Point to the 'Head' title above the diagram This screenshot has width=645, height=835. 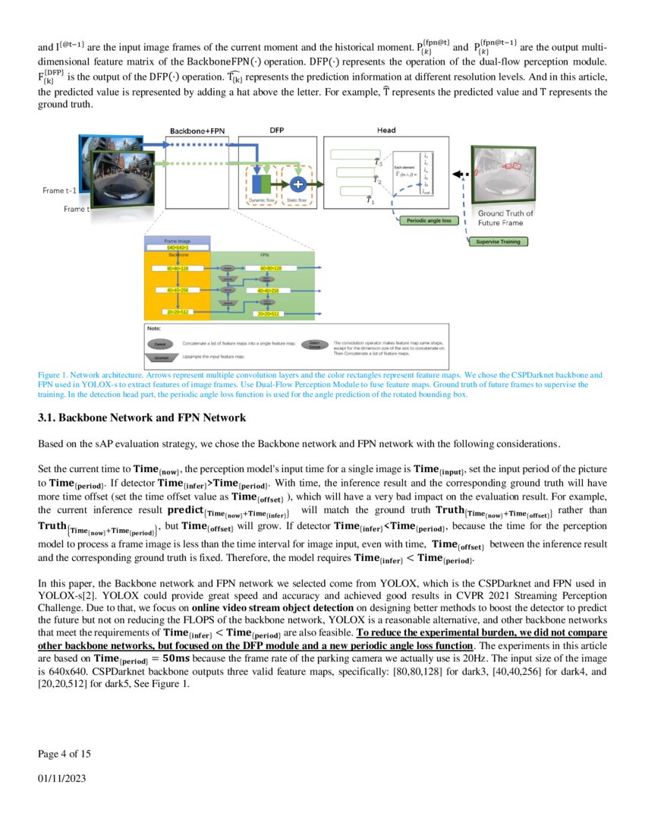pos(385,131)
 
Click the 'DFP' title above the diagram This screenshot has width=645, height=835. pos(277,131)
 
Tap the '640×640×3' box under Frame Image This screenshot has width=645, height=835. pos(178,248)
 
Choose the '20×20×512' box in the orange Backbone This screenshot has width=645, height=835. pos(178,313)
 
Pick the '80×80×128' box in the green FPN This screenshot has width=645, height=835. pos(271,269)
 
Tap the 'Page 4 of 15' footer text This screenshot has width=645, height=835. pos(64,753)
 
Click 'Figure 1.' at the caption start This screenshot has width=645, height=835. pos(52,375)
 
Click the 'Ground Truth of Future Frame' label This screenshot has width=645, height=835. pos(505,218)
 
